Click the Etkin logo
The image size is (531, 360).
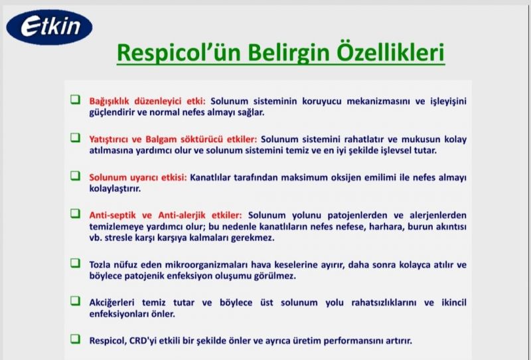point(49,27)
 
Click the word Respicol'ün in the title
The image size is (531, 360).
point(177,53)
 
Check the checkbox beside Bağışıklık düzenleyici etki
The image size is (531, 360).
point(75,100)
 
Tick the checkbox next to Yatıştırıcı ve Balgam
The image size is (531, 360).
point(75,137)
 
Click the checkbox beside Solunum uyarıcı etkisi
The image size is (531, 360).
point(75,176)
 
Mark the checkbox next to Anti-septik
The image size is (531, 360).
point(75,214)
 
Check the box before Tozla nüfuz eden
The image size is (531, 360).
point(75,263)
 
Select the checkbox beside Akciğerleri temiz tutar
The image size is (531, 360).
point(75,301)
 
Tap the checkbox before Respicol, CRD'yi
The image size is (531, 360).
point(75,339)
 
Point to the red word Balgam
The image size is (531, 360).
point(161,139)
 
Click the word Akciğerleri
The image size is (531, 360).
point(112,303)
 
